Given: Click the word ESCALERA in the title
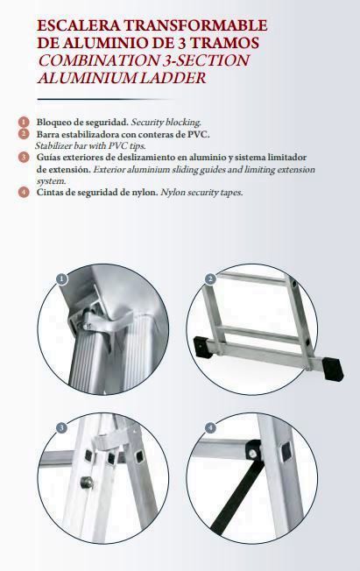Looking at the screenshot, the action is click(79, 25).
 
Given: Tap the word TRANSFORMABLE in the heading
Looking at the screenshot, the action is click(196, 25).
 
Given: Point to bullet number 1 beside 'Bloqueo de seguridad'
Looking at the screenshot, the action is click(24, 122).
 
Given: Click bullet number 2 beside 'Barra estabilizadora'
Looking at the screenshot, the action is click(24, 134).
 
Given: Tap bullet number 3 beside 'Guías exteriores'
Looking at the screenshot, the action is click(24, 158).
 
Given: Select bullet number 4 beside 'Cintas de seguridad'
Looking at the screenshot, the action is click(24, 192).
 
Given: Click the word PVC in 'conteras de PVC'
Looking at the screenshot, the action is click(198, 134).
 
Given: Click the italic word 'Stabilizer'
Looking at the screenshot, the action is click(50, 146).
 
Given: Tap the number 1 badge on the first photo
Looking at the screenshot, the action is click(62, 279).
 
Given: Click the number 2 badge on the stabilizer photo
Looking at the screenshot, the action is click(210, 279).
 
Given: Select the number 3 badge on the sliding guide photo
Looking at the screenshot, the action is click(62, 427).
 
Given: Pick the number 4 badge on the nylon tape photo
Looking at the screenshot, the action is click(210, 427).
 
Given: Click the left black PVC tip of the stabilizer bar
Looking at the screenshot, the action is click(201, 347).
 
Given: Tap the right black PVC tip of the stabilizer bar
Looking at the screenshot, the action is click(333, 370).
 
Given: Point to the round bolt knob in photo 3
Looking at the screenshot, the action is click(87, 483).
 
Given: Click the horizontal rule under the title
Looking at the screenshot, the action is click(106, 99).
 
